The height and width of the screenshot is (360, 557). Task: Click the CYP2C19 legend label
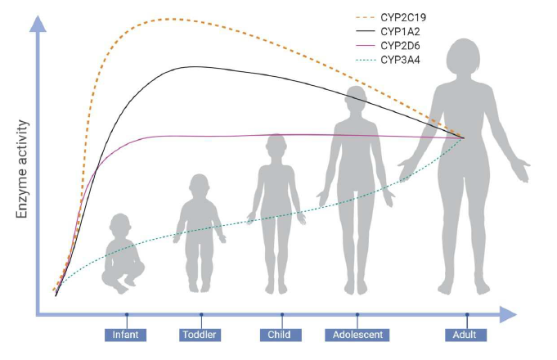(403, 17)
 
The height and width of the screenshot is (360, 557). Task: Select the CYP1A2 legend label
(400, 32)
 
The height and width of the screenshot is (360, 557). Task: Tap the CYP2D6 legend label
(400, 46)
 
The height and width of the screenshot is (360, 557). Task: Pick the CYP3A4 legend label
(400, 60)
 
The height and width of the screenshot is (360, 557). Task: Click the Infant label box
(125, 335)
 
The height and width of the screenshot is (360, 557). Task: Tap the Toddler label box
(200, 335)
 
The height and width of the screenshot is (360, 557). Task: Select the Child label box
(281, 335)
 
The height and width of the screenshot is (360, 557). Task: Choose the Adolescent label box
(357, 335)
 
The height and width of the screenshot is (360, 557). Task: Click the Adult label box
(465, 335)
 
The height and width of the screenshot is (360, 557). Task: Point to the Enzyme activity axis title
(22, 169)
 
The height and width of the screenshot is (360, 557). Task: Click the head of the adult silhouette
(463, 56)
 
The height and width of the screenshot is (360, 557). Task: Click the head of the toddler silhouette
(200, 186)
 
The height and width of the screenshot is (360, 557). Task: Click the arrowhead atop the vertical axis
(38, 24)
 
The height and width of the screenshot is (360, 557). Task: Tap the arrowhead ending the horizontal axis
(508, 314)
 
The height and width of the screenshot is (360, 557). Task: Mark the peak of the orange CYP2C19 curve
(174, 19)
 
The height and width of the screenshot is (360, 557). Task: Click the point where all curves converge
(463, 138)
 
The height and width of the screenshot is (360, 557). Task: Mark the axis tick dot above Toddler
(201, 314)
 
